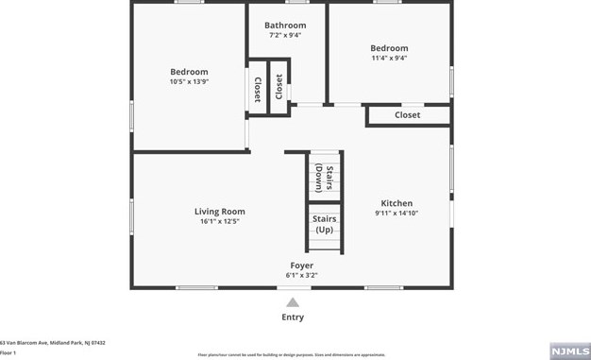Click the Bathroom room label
click(x=285, y=26)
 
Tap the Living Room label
click(x=219, y=212)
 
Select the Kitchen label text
click(x=397, y=203)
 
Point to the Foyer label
click(x=301, y=266)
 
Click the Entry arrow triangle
click(x=293, y=302)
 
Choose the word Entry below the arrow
click(x=293, y=317)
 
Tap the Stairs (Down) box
click(x=324, y=177)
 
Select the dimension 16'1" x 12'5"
click(x=219, y=222)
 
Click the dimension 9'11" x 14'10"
click(x=397, y=214)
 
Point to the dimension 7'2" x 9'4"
click(x=285, y=36)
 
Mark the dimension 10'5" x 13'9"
click(x=189, y=82)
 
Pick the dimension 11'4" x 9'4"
click(x=389, y=59)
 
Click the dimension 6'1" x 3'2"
click(x=301, y=276)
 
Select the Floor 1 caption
click(x=8, y=352)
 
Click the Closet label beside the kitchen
click(x=407, y=115)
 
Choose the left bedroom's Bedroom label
click(x=189, y=72)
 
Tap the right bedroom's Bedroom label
click(x=389, y=48)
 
